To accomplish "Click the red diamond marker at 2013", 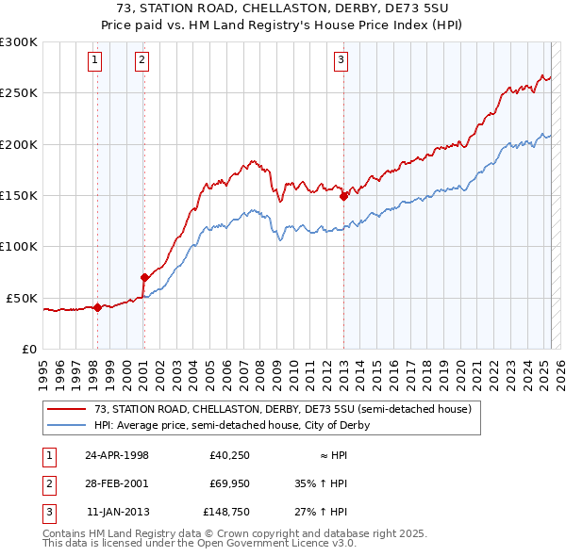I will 343,196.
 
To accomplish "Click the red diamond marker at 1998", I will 97,306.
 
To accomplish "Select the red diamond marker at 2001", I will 144,277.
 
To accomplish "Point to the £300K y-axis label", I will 19,42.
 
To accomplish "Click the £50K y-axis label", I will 23,298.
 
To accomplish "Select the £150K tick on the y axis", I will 19,195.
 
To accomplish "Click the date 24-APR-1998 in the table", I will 117,455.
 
